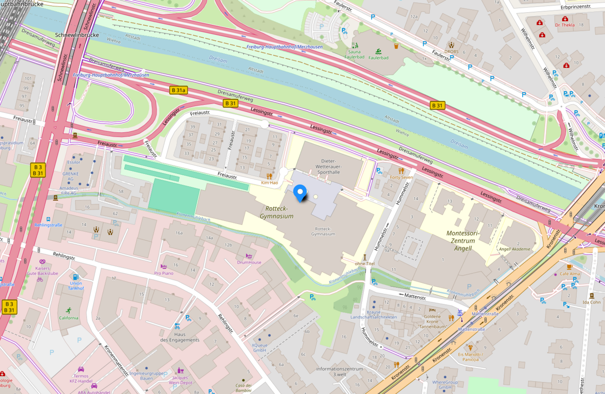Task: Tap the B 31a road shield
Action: point(179,90)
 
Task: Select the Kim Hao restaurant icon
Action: point(269,176)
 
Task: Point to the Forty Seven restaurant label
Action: point(401,178)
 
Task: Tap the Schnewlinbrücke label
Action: point(77,35)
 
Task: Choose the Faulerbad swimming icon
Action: point(379,51)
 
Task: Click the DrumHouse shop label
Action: point(249,262)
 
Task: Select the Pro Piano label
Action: point(164,273)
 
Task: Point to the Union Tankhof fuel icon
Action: point(75,276)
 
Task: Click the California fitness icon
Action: point(69,310)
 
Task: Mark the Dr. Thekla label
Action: point(564,25)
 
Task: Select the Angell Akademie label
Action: point(515,249)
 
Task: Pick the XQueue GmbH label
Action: point(260,348)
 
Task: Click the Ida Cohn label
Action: point(592,302)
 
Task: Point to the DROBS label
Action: point(451,51)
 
